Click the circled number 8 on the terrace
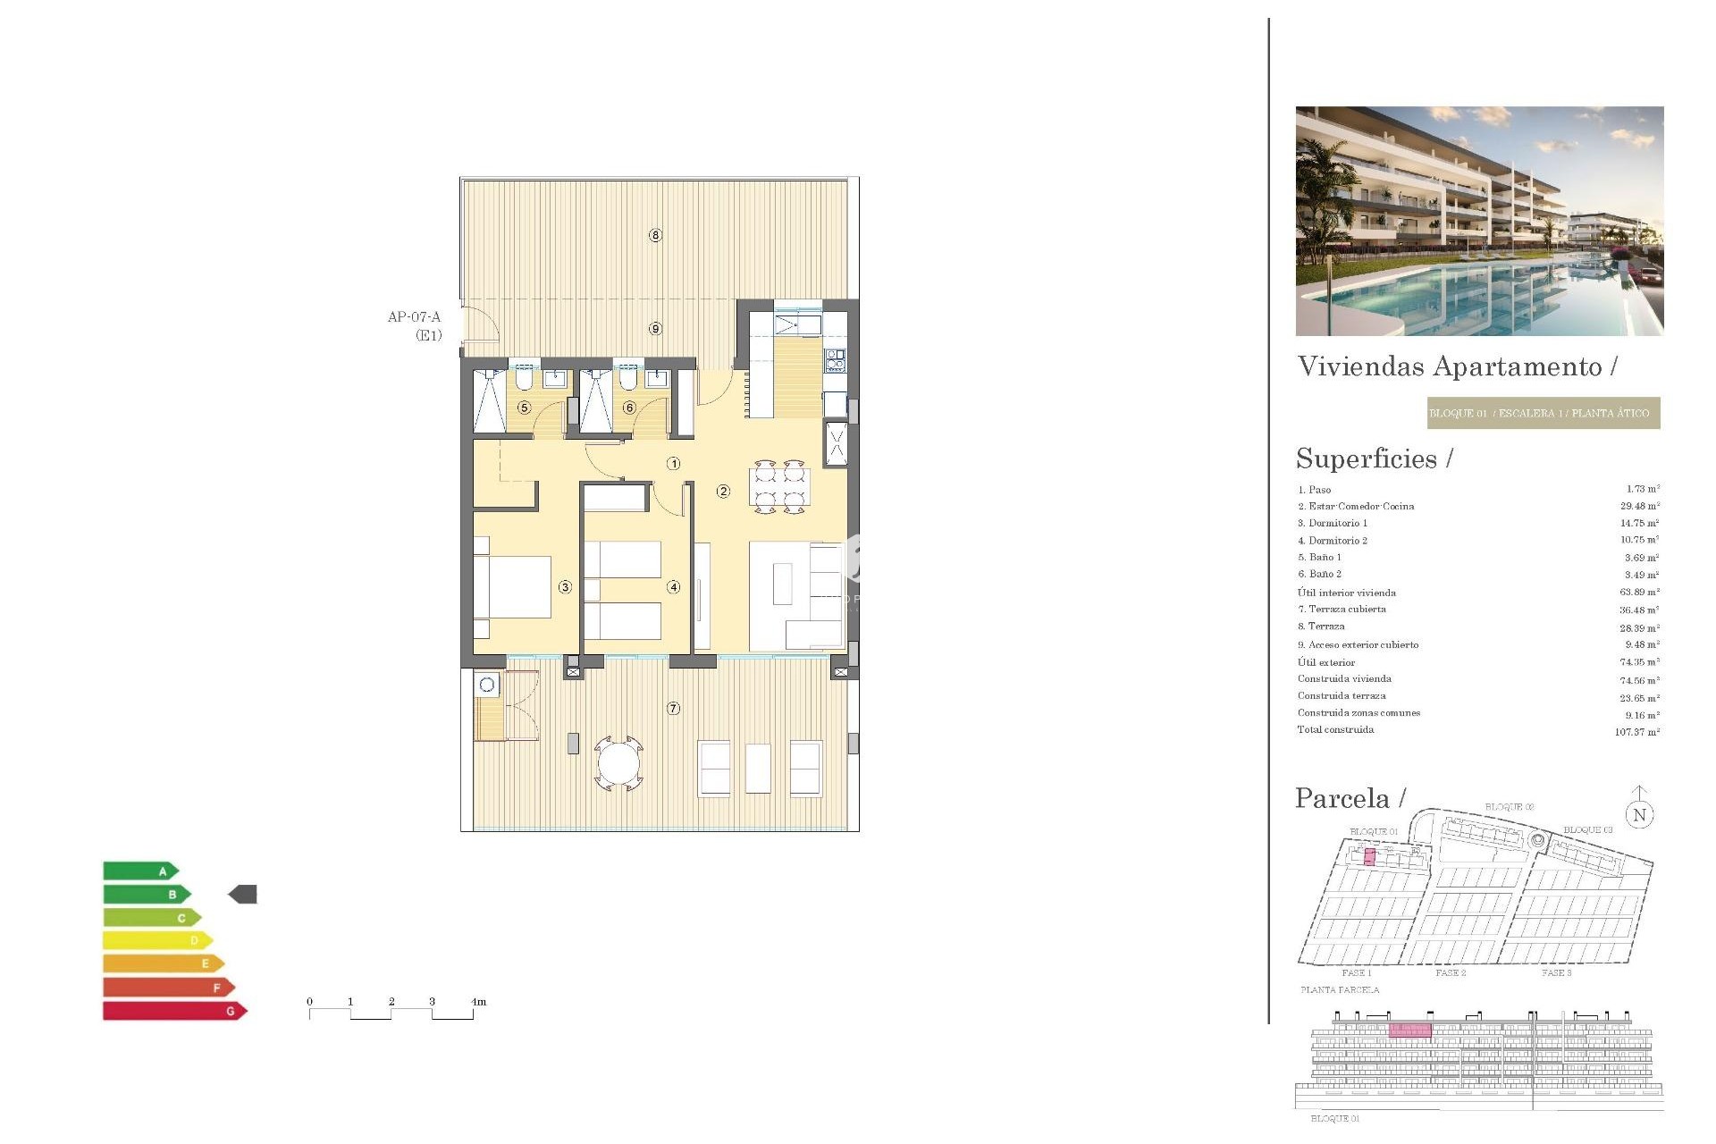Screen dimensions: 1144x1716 (x=655, y=235)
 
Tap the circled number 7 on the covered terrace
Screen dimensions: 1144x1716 (x=673, y=708)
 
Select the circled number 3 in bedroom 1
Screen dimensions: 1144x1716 (x=565, y=587)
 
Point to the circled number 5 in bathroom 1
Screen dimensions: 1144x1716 (x=525, y=408)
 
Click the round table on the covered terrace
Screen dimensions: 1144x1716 (x=618, y=764)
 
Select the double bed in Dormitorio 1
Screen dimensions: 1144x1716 (x=513, y=587)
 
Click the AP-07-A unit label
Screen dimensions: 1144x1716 (x=415, y=317)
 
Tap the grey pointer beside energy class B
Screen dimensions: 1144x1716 (x=243, y=894)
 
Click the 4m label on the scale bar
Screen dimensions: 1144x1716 (x=478, y=1001)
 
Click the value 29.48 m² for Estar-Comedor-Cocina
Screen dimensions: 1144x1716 (x=1639, y=506)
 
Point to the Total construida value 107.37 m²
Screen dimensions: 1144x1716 (x=1636, y=732)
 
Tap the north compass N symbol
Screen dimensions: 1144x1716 (x=1639, y=814)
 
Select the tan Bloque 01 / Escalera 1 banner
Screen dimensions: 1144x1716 (x=1543, y=413)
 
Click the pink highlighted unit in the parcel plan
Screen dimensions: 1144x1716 (x=1369, y=857)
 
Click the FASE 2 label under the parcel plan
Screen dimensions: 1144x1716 (x=1450, y=972)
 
